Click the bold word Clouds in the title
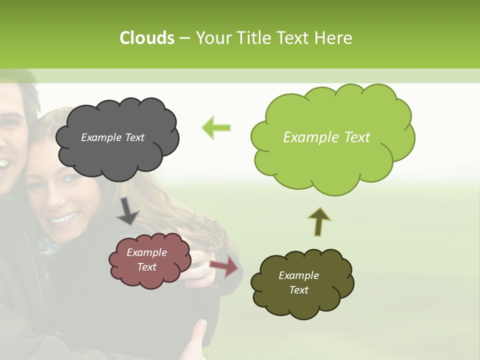click(x=146, y=38)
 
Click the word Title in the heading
click(x=256, y=38)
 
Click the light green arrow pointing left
click(x=216, y=127)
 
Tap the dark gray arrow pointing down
click(x=127, y=211)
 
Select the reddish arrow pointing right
click(x=224, y=267)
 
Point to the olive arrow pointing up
click(x=319, y=221)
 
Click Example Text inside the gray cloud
click(x=112, y=137)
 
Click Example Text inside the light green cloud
click(x=326, y=137)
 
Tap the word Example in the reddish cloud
click(x=146, y=252)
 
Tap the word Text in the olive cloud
click(x=298, y=290)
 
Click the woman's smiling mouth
click(x=65, y=217)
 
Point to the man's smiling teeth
click(x=4, y=163)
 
